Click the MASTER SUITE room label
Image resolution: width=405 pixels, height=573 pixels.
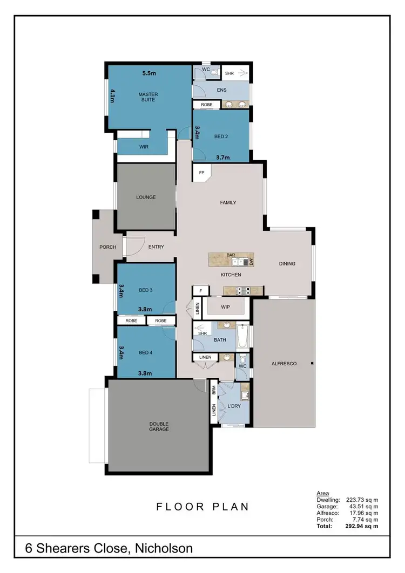tap(148, 97)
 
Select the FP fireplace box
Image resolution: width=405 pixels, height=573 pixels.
tap(202, 173)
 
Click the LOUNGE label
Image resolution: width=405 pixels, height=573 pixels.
tap(146, 197)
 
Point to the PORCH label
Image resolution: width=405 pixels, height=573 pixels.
tap(107, 247)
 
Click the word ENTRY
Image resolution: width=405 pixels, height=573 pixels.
tap(156, 247)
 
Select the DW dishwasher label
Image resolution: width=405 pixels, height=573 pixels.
tap(252, 262)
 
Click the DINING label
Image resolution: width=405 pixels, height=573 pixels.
tap(287, 264)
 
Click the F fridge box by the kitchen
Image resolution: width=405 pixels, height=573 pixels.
tap(200, 291)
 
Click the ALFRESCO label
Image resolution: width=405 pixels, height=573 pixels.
tap(284, 364)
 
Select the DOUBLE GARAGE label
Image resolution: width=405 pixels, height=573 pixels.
tap(159, 426)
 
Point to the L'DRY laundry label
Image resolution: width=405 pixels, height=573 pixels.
tap(234, 405)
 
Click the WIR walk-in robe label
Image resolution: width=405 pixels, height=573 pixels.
tap(144, 147)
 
